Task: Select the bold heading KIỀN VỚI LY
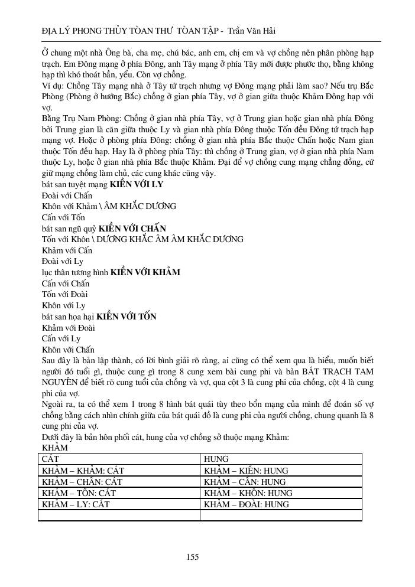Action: [x=137, y=185]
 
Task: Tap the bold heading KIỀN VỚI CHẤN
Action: [x=132, y=229]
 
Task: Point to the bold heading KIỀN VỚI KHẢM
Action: [x=145, y=272]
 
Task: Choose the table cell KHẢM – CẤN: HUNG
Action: [x=244, y=482]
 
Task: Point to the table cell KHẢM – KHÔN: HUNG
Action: [x=248, y=493]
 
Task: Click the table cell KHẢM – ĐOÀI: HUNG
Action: [x=246, y=504]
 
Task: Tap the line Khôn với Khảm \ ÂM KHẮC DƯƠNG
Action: [x=108, y=207]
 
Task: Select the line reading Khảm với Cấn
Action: [x=67, y=250]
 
